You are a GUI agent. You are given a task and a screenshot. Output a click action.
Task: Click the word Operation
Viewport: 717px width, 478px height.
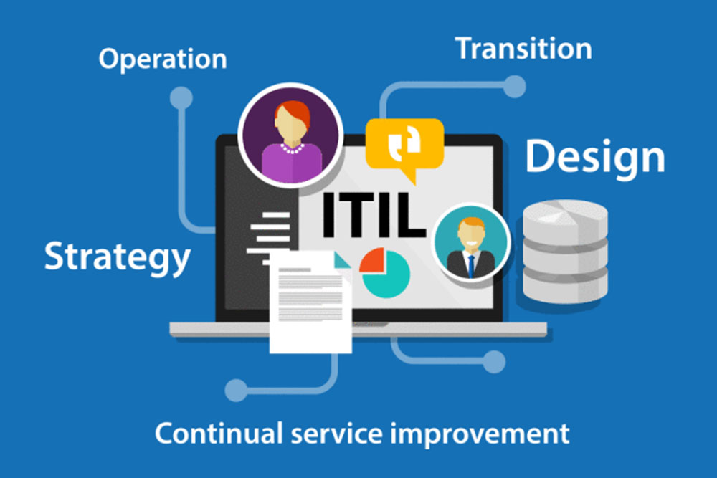[x=163, y=59]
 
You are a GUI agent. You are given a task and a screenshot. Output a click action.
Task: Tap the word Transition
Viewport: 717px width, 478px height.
[x=523, y=49]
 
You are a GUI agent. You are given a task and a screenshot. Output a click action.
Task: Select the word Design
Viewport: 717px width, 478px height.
[x=595, y=158]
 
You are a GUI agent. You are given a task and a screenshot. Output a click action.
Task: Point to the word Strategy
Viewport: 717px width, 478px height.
[x=117, y=257]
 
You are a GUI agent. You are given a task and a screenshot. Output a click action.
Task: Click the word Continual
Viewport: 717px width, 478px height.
[x=219, y=434]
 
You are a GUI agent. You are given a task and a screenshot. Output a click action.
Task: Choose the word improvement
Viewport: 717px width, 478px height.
[x=480, y=434]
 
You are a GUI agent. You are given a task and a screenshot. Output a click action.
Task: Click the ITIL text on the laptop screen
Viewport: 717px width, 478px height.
[x=374, y=215]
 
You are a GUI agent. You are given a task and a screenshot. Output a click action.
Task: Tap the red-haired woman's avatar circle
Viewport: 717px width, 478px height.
[x=291, y=135]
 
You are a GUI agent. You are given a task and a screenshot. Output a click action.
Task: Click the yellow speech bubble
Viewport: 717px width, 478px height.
[x=404, y=145]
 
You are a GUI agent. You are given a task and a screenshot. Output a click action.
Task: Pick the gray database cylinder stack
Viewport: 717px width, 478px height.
[x=565, y=252]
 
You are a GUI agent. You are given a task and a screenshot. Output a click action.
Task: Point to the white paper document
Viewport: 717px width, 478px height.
[x=311, y=302]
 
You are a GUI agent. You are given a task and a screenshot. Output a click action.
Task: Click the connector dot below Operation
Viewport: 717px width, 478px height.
[x=181, y=97]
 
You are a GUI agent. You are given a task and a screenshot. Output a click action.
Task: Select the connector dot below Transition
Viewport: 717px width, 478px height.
[x=514, y=87]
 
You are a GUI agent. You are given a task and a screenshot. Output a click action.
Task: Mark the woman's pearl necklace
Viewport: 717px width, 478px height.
[x=293, y=148]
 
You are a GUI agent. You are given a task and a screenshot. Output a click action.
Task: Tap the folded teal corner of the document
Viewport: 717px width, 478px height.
[x=341, y=260]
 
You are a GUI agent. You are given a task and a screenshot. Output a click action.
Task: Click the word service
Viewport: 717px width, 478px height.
[x=336, y=434]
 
